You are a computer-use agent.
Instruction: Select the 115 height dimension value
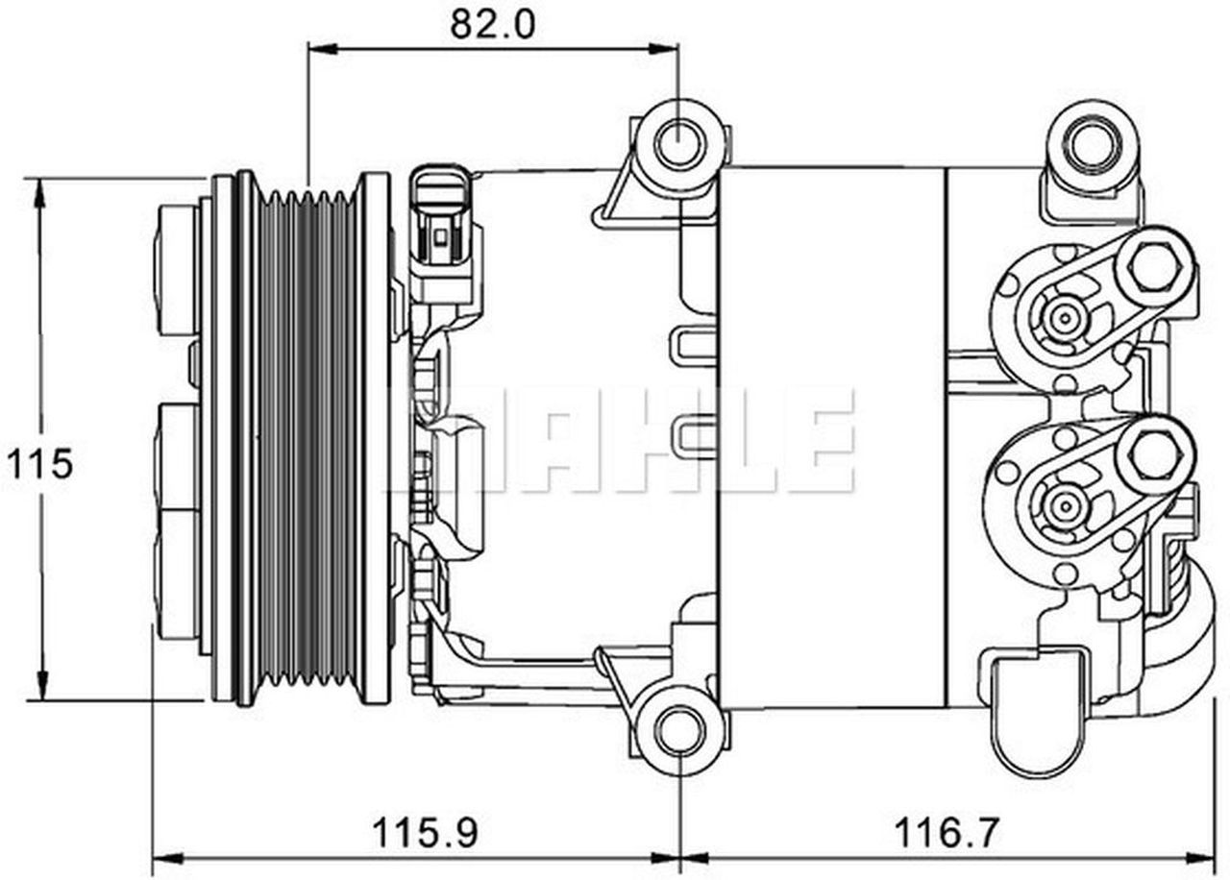click(39, 465)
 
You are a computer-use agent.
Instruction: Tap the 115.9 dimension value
click(425, 831)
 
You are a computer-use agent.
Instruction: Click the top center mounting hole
click(679, 143)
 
